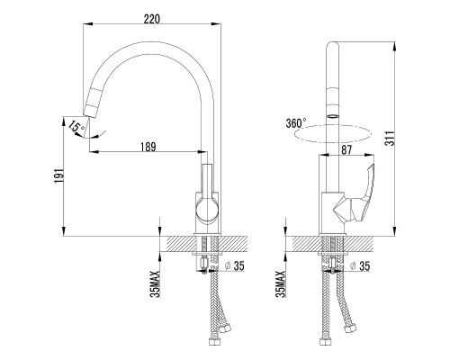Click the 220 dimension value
(x=152, y=19)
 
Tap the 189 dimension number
(x=148, y=147)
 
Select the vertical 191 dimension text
(x=58, y=175)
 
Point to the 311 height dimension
(x=391, y=139)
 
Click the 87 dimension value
(x=346, y=149)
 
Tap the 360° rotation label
(x=296, y=123)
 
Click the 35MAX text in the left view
(x=156, y=283)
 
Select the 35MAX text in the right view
(x=280, y=283)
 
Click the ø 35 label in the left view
(x=235, y=265)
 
